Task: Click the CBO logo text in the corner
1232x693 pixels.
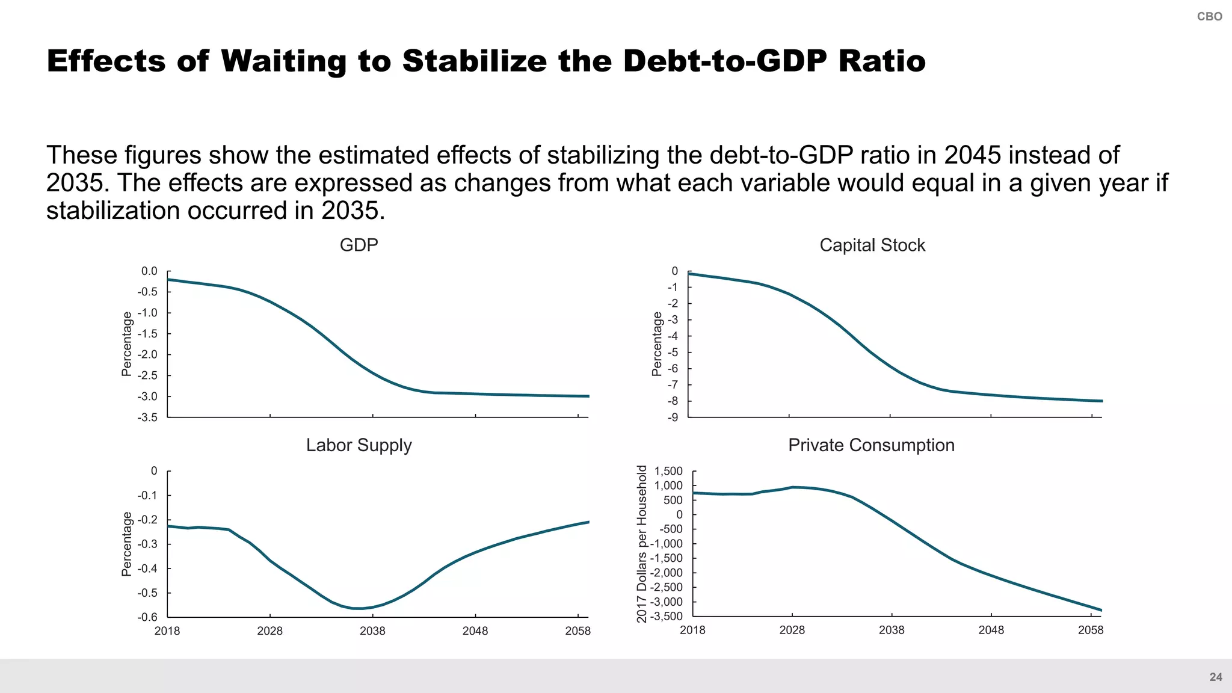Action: pyautogui.click(x=1209, y=17)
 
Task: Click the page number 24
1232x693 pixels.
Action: pyautogui.click(x=1216, y=677)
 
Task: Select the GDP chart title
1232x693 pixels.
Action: pyautogui.click(x=359, y=245)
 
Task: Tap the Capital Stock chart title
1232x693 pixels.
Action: pyautogui.click(x=872, y=245)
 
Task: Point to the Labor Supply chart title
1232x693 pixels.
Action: pyautogui.click(x=359, y=445)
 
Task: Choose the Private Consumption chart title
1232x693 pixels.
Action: pyautogui.click(x=871, y=445)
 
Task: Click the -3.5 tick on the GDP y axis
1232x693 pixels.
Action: pyautogui.click(x=147, y=417)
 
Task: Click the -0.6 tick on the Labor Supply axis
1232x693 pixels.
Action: pyautogui.click(x=147, y=617)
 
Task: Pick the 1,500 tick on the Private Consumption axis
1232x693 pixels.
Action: pyautogui.click(x=668, y=471)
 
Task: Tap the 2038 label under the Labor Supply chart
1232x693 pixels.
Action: pyautogui.click(x=372, y=631)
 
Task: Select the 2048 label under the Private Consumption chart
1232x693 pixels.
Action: pyautogui.click(x=991, y=630)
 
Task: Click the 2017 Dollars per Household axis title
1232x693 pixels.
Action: pyautogui.click(x=642, y=544)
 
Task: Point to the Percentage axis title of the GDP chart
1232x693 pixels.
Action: pyautogui.click(x=126, y=344)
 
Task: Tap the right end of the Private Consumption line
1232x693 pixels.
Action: pyautogui.click(x=1101, y=611)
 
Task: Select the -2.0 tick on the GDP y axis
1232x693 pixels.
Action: pyautogui.click(x=147, y=354)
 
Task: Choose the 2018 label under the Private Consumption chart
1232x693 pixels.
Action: pyautogui.click(x=692, y=630)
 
